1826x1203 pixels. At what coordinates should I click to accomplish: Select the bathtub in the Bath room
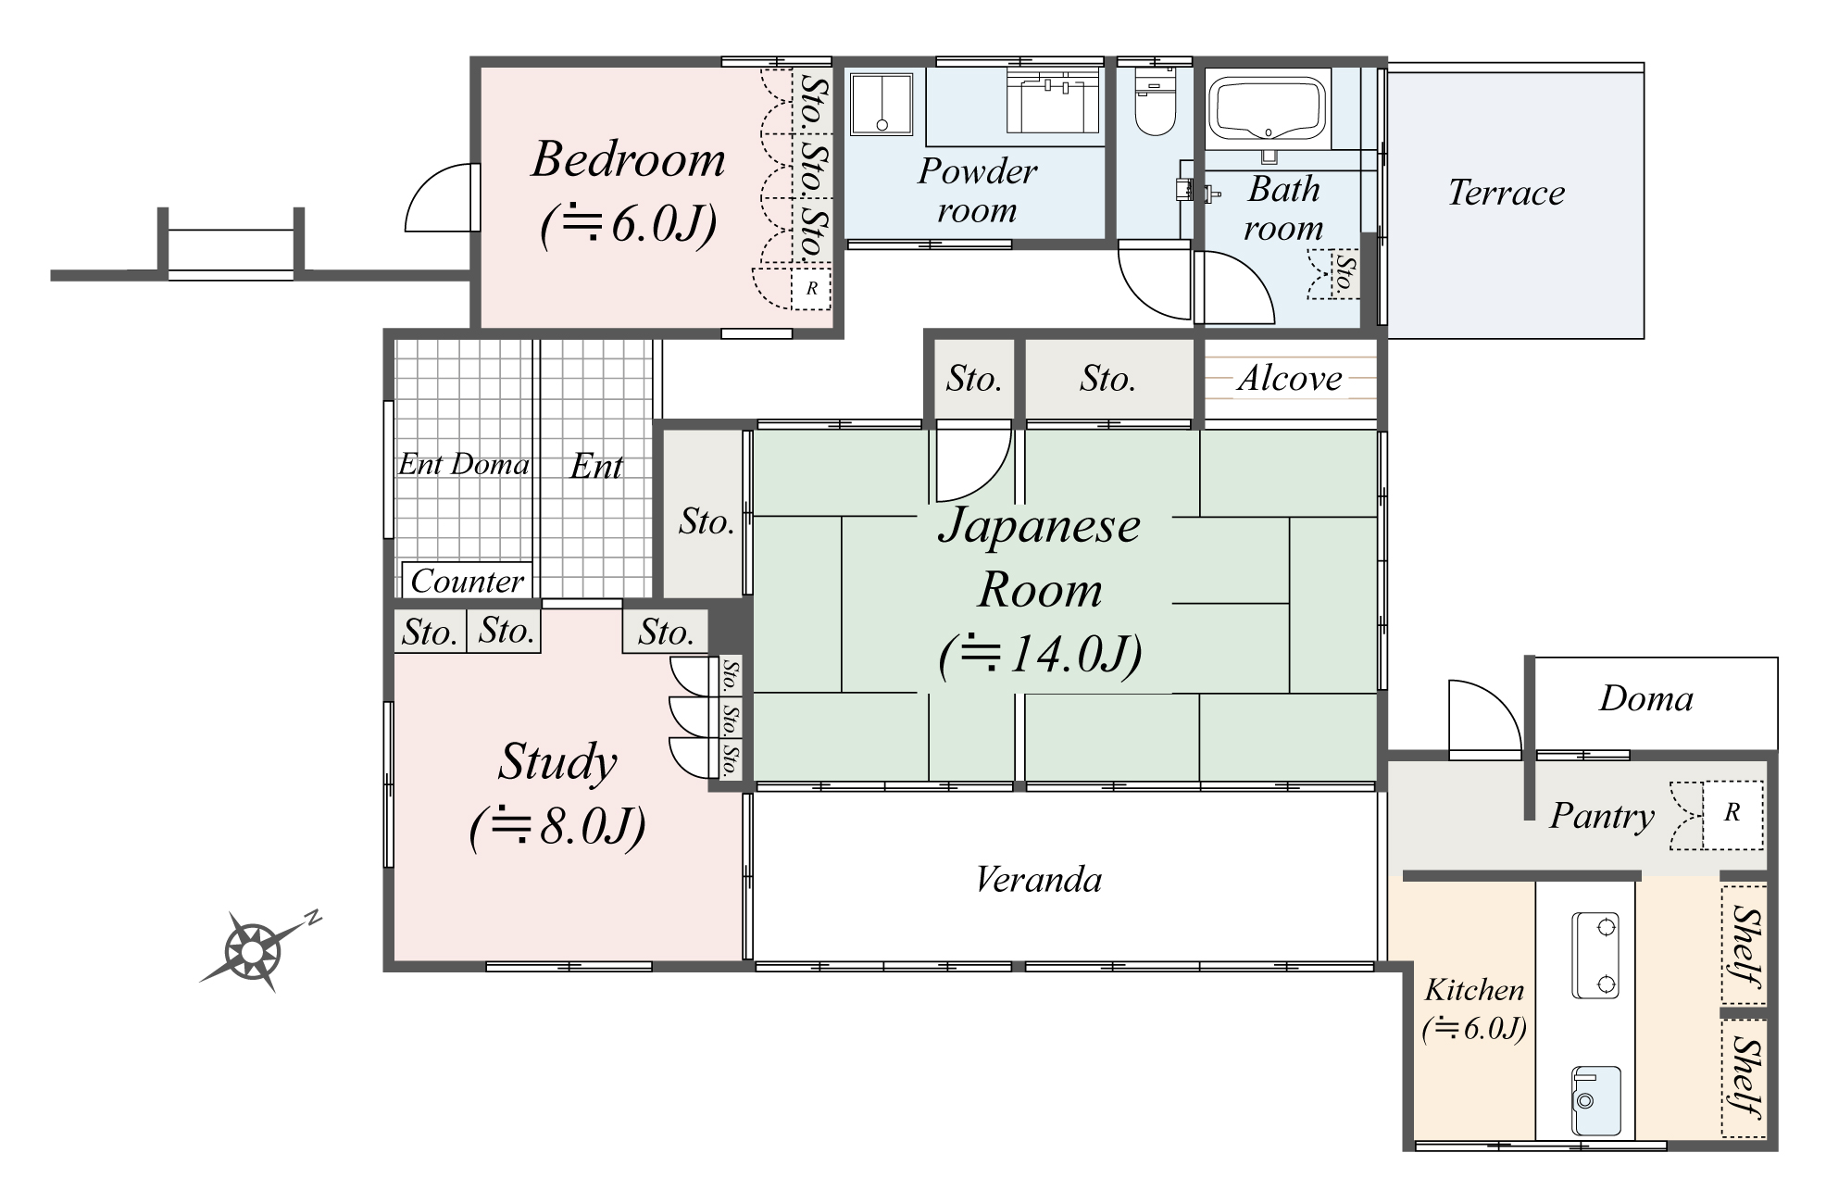point(1268,109)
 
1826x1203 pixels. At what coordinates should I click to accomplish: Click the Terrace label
point(1506,193)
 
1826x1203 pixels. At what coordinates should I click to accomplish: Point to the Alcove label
point(1289,378)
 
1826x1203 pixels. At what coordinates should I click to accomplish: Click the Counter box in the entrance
point(467,581)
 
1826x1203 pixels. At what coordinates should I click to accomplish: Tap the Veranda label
point(1038,879)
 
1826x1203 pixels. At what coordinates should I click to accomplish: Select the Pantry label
point(1601,816)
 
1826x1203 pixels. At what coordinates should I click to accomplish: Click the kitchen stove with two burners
point(1595,955)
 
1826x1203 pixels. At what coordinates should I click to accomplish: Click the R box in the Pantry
point(1732,814)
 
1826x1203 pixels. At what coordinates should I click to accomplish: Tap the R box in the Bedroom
point(811,288)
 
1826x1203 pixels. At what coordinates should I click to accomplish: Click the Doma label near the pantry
point(1645,699)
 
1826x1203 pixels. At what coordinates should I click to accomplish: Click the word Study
point(557,761)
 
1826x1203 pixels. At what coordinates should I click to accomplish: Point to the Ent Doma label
point(463,464)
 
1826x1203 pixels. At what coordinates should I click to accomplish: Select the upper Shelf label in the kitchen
point(1744,946)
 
